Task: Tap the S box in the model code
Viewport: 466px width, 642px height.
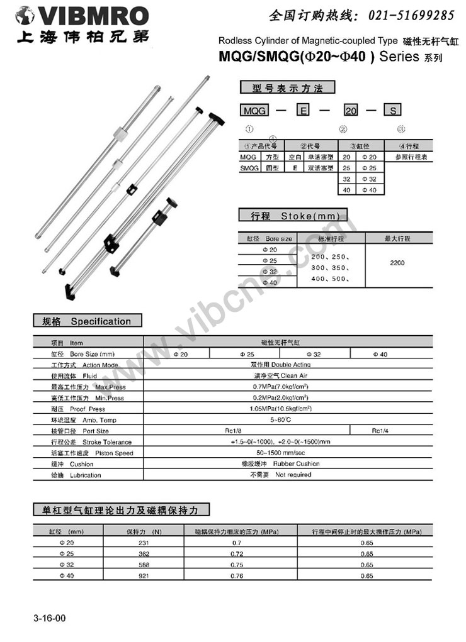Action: [393, 111]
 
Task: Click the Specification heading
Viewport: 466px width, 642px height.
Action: [101, 321]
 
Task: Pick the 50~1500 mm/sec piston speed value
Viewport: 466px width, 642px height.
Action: [290, 453]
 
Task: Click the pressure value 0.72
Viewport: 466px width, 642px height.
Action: [236, 553]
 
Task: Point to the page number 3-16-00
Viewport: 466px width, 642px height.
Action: [50, 619]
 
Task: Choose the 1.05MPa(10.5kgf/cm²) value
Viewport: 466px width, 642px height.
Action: [289, 409]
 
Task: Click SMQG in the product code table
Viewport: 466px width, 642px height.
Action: [249, 169]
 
